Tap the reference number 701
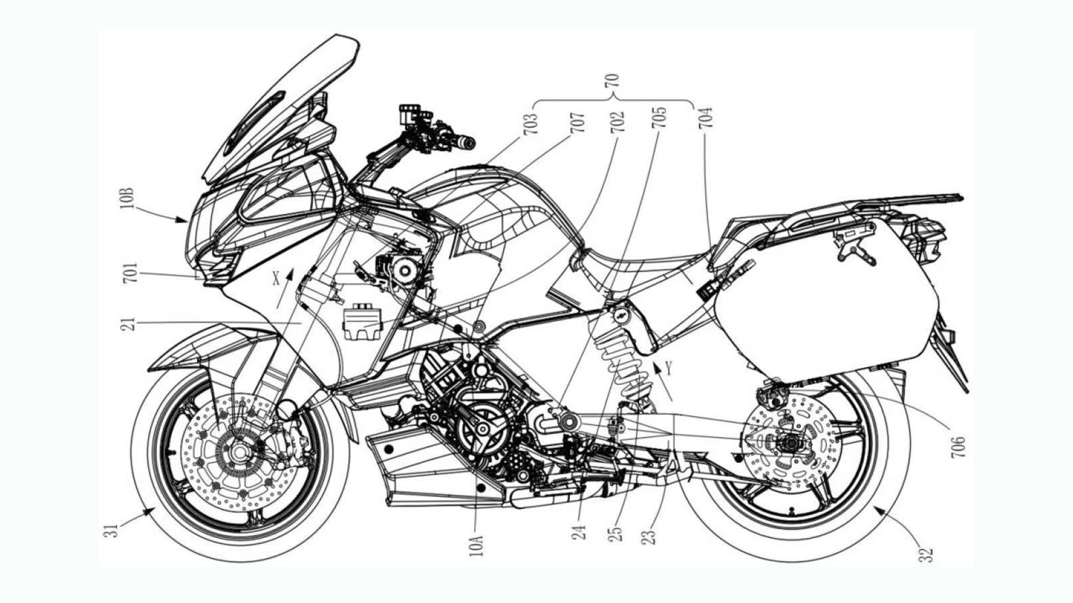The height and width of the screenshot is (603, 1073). click(x=131, y=274)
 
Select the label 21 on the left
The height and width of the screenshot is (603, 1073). click(x=131, y=323)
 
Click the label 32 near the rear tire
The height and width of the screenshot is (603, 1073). click(x=926, y=554)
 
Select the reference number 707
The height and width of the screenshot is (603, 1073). click(x=577, y=123)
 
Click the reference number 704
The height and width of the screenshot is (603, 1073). click(x=705, y=118)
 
